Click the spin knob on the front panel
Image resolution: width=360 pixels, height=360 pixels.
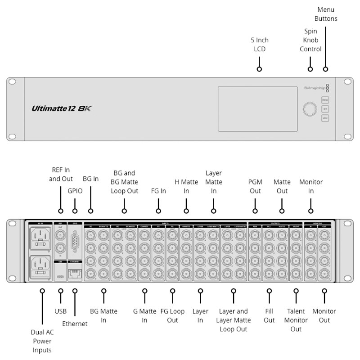pyautogui.click(x=310, y=109)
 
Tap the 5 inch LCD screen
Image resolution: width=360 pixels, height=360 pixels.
pyautogui.click(x=257, y=109)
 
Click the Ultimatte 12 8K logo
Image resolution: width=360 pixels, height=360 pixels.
pyautogui.click(x=62, y=108)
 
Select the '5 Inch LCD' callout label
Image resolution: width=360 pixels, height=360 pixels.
pyautogui.click(x=260, y=45)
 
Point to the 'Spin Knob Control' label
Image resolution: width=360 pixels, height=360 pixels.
pyautogui.click(x=310, y=40)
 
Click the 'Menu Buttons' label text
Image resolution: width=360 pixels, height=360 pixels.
pyautogui.click(x=326, y=14)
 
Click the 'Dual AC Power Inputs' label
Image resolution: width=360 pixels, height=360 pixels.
pyautogui.click(x=42, y=341)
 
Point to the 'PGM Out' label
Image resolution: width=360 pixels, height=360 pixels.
pyautogui.click(x=255, y=186)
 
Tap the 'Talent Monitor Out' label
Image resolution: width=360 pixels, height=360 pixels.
pyautogui.click(x=296, y=320)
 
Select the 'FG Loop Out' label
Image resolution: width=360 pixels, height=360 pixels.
pyautogui.click(x=172, y=315)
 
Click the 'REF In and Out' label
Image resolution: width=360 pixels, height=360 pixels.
pyautogui.click(x=61, y=174)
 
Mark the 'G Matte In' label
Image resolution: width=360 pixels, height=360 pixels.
pyautogui.click(x=144, y=315)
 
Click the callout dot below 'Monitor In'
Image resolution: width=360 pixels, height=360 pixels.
pyautogui.click(x=310, y=211)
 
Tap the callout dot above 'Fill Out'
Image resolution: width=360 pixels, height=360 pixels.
pyautogui.click(x=269, y=291)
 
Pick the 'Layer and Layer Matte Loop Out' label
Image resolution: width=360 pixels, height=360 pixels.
pyautogui.click(x=233, y=320)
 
